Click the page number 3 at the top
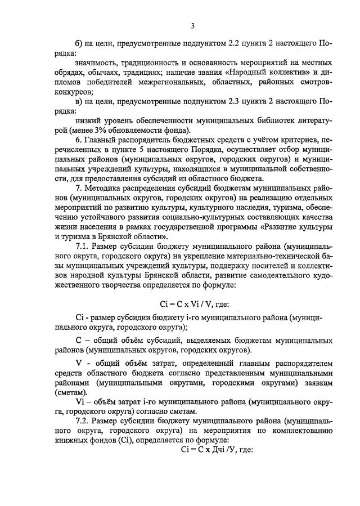[192, 25]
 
